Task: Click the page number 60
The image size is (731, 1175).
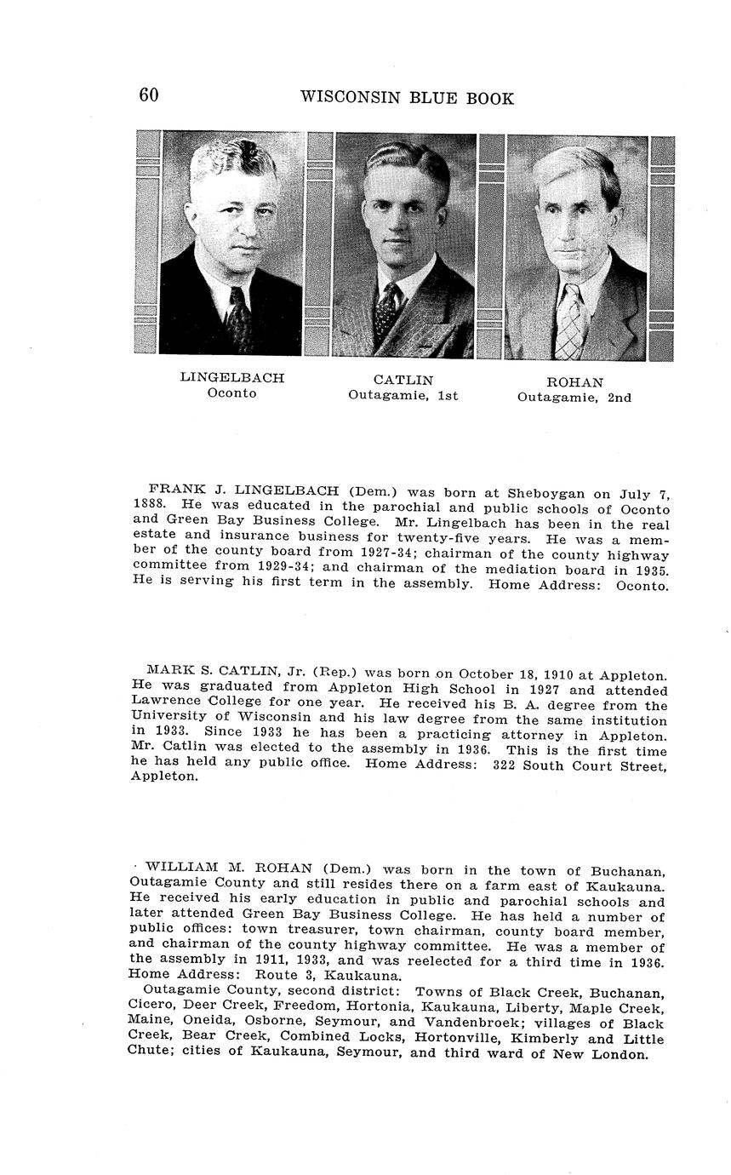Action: point(149,95)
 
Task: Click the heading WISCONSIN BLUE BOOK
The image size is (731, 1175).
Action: point(407,98)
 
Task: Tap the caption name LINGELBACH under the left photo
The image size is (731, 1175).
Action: point(231,377)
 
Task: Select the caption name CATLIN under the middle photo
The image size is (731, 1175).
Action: point(403,380)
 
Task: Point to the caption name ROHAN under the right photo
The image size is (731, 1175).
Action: point(574,382)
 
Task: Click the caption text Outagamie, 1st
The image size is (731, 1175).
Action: point(403,395)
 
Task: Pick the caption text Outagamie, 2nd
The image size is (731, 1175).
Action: point(574,397)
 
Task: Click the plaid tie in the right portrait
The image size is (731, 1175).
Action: point(569,324)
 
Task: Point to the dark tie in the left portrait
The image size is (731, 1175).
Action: point(237,319)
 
